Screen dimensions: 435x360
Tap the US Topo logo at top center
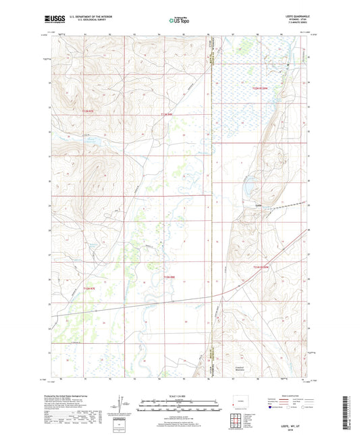pyautogui.click(x=179, y=20)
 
